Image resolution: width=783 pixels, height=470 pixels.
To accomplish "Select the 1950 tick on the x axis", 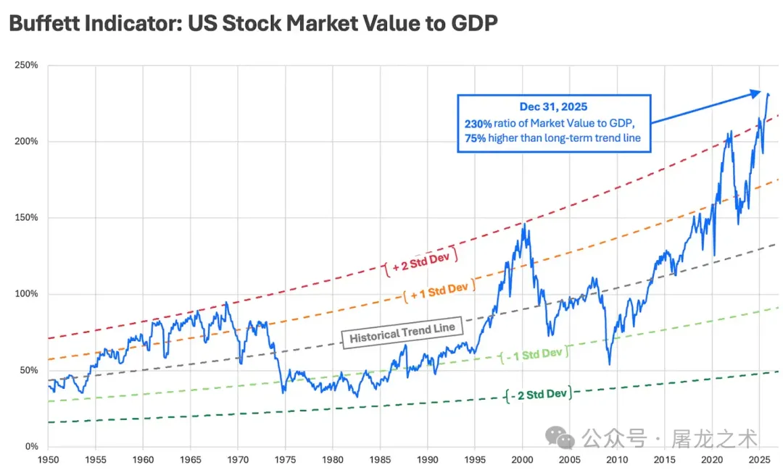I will pos(49,459).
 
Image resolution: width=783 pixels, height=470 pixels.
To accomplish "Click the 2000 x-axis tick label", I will pos(522,459).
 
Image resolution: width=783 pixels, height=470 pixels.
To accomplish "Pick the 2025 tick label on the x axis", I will pos(758,459).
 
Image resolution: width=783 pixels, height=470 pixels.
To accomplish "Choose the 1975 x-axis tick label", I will pos(285,459).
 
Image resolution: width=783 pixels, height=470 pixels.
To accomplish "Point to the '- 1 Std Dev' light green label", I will pos(534,354).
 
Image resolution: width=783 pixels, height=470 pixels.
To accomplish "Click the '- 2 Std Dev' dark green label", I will pos(537,394).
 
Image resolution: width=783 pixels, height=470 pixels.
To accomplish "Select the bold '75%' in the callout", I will pos(476,138).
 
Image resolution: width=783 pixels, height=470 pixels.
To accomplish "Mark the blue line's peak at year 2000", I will pos(523,224).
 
